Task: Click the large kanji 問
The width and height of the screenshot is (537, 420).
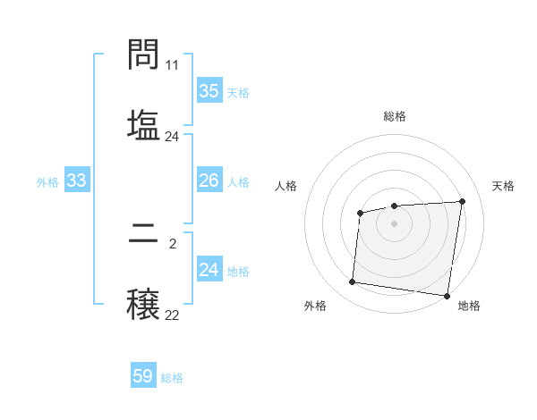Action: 143,55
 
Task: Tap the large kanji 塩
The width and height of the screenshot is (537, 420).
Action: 143,124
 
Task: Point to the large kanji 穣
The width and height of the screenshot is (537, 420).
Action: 143,303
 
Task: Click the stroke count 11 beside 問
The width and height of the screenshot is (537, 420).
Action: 173,65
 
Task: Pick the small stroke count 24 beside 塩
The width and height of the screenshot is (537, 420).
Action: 172,137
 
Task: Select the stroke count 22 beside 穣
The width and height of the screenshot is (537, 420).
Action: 172,315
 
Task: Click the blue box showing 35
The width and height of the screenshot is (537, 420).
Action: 209,91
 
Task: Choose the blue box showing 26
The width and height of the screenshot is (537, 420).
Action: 209,181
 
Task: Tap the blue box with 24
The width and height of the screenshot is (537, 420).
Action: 209,270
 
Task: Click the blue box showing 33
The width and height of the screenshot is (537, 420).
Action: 76,181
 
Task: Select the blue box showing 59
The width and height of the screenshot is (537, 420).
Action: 142,376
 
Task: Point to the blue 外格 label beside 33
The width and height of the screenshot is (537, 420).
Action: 47,182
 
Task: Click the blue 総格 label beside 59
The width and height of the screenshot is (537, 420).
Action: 172,378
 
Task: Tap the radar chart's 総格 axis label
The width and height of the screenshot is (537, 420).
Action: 395,116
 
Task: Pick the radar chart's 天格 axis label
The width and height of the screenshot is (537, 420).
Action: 503,186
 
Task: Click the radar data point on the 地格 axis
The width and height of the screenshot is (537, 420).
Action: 447,296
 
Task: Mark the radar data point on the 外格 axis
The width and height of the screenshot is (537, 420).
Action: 352,282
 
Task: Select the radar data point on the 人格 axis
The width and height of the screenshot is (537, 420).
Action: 360,213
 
